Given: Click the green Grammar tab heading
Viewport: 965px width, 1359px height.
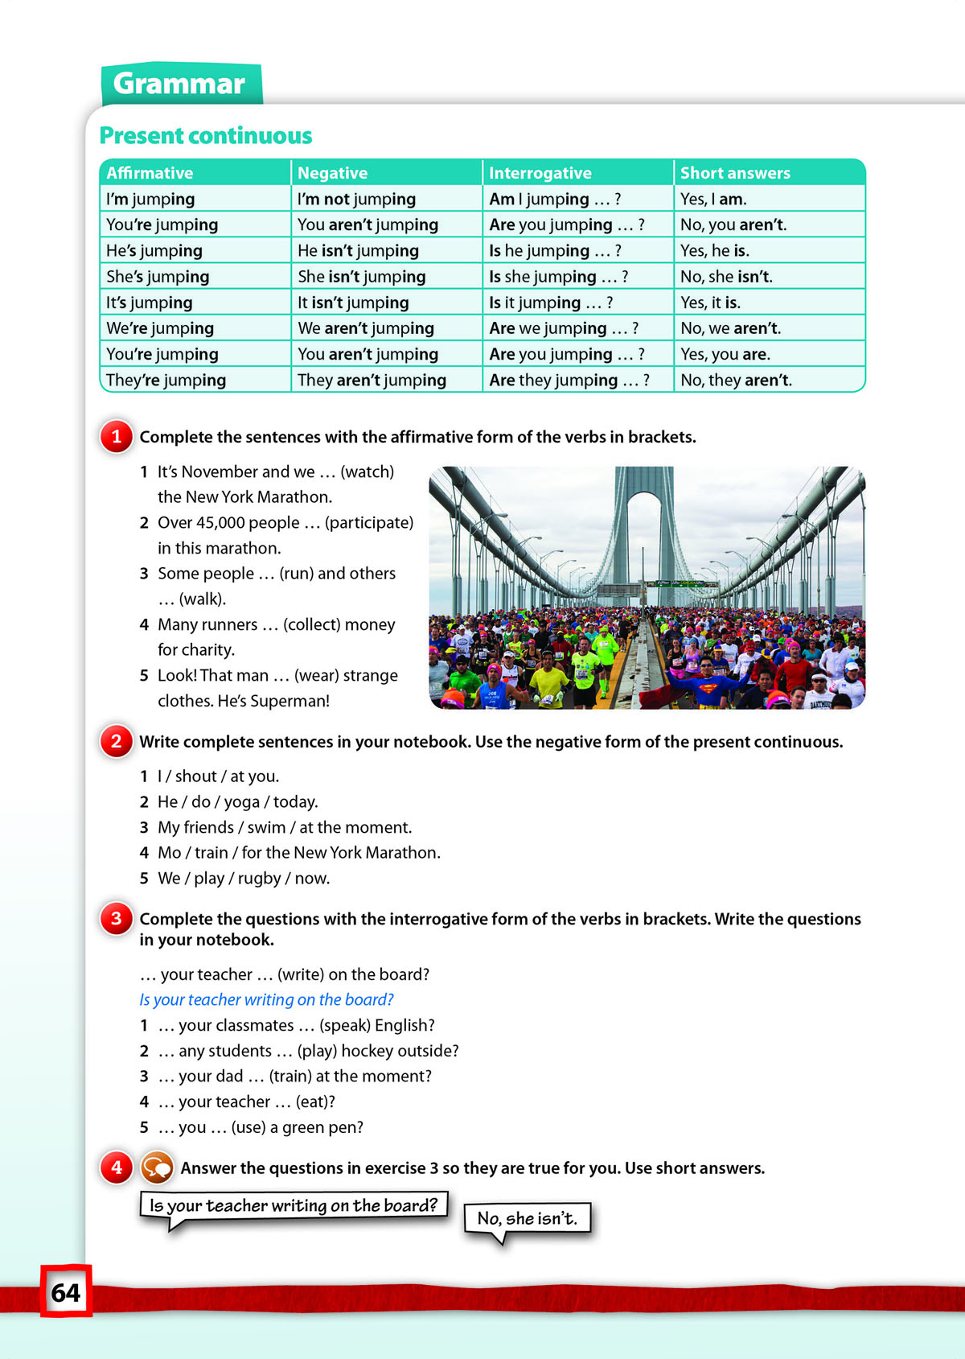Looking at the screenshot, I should (x=179, y=84).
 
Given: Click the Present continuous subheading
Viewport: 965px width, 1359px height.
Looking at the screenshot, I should (x=206, y=136).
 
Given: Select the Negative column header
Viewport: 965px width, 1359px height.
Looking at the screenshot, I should (x=332, y=173).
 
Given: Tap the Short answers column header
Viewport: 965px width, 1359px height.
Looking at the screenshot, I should (x=735, y=173).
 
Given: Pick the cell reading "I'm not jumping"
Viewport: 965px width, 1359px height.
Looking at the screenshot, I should (x=356, y=199).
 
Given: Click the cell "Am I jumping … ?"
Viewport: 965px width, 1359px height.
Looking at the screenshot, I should (x=555, y=199).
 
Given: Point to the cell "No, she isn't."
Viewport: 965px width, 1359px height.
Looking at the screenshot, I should (x=726, y=277).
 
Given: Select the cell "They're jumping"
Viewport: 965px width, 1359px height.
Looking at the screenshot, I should (x=166, y=380).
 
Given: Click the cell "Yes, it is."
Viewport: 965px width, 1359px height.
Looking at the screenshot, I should (x=710, y=303).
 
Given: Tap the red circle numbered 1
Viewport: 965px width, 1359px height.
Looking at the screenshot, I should (x=117, y=437).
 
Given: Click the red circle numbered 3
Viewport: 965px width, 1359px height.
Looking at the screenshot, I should (x=117, y=919).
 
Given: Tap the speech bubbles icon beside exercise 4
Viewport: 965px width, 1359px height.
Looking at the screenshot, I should (x=157, y=1168).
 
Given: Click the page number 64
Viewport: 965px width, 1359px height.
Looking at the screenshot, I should (x=66, y=1292).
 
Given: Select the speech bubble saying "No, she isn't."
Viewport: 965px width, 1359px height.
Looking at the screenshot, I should (x=528, y=1219).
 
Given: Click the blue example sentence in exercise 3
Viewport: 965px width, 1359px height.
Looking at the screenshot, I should (x=266, y=999).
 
